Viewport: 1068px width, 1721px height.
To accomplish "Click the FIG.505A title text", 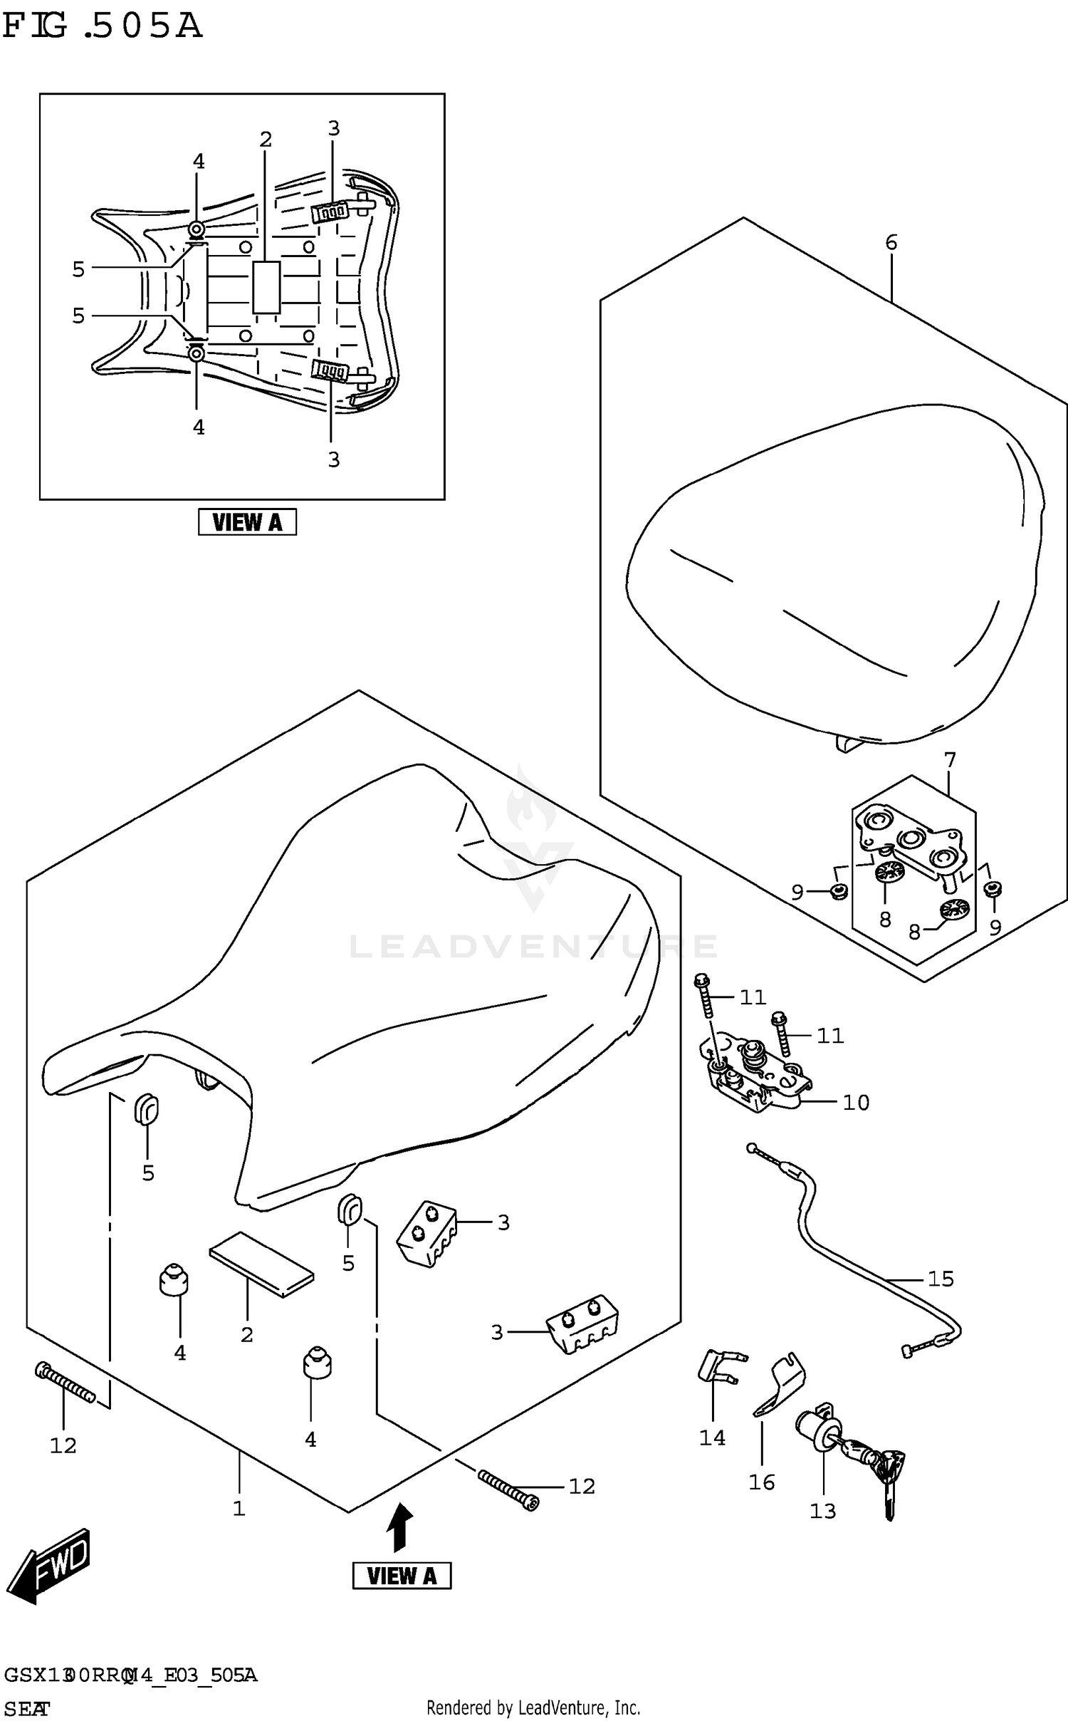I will click(x=102, y=26).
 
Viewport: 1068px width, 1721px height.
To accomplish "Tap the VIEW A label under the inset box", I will click(x=246, y=523).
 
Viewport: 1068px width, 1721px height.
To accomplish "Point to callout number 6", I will click(x=891, y=242).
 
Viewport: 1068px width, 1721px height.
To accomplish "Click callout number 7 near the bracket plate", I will click(x=950, y=760).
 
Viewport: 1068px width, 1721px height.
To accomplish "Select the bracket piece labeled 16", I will click(x=779, y=1385).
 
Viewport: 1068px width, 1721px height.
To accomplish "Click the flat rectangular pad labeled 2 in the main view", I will click(x=261, y=1264).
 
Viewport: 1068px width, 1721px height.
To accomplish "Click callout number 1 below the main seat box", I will click(x=239, y=1508).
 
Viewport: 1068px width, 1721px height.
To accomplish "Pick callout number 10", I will click(x=855, y=1103).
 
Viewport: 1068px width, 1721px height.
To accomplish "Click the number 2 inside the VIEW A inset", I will click(x=266, y=140).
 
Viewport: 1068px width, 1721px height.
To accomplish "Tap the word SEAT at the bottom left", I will click(x=26, y=1708).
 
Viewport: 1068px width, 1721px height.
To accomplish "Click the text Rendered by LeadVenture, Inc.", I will click(x=533, y=1707).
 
